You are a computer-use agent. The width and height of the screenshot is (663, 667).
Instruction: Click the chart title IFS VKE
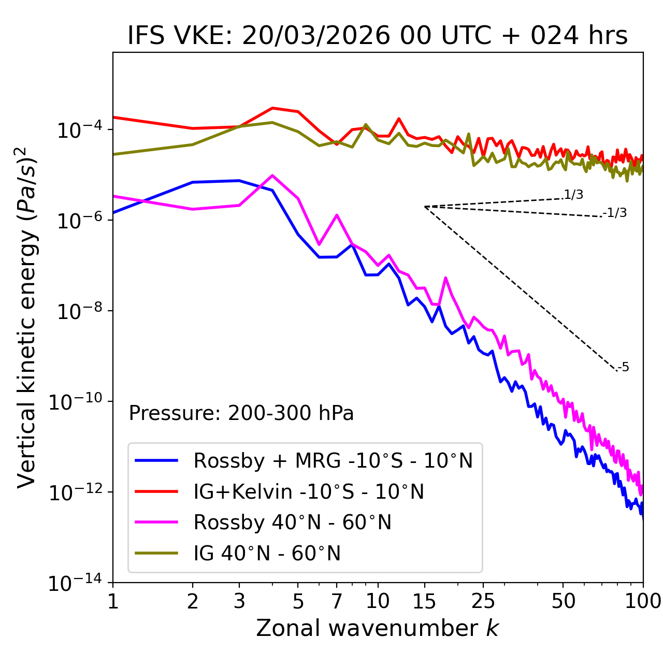point(378,36)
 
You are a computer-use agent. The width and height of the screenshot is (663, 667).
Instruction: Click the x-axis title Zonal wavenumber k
point(378,628)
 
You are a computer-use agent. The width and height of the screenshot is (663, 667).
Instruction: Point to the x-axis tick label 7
point(337,601)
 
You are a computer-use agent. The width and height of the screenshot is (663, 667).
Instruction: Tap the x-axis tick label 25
point(483,601)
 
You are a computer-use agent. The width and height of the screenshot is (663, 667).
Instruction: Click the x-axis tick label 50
point(564,601)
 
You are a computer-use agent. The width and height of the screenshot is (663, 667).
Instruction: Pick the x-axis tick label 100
point(643,601)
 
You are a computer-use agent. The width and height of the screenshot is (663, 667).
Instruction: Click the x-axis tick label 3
point(239,601)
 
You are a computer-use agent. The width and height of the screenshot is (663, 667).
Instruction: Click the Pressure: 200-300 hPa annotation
point(241,413)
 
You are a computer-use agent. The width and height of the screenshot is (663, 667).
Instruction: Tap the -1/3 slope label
point(615,213)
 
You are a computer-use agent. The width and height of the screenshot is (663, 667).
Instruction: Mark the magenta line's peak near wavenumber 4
point(272,175)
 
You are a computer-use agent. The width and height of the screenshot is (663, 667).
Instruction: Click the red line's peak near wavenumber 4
point(272,108)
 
